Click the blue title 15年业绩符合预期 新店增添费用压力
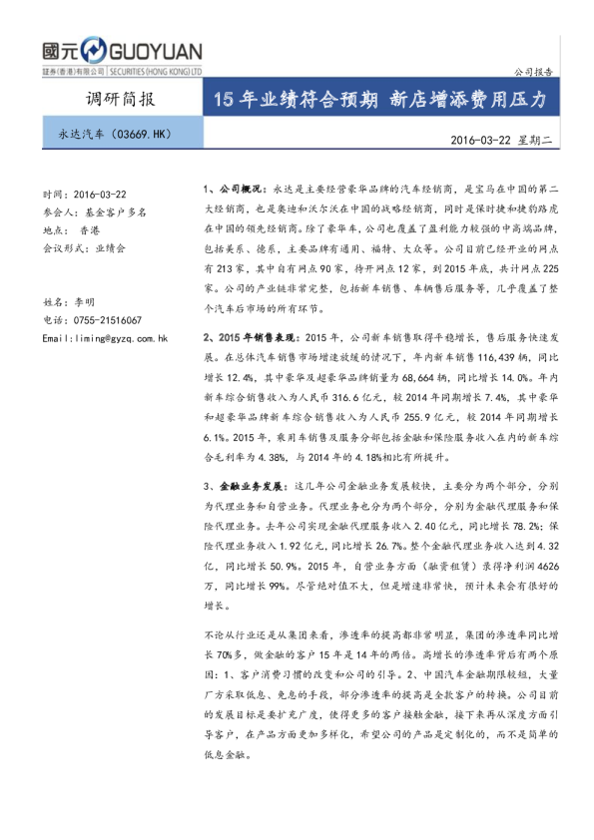(x=381, y=101)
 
